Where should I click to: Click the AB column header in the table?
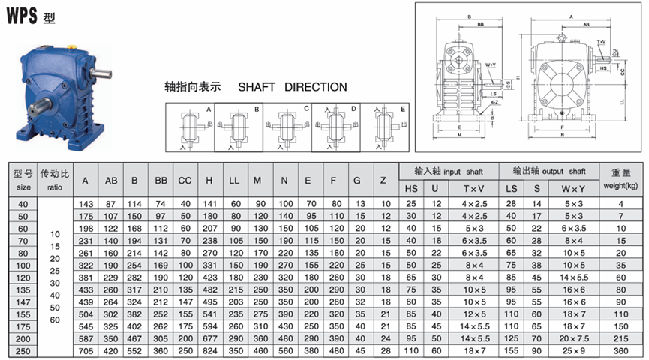pyautogui.click(x=111, y=181)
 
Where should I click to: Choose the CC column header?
pyautogui.click(x=185, y=181)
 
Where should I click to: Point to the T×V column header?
pyautogui.click(x=473, y=188)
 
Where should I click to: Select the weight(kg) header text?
pyautogui.click(x=621, y=185)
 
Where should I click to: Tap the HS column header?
pyautogui.click(x=411, y=188)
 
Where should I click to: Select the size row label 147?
pyautogui.click(x=23, y=302)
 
